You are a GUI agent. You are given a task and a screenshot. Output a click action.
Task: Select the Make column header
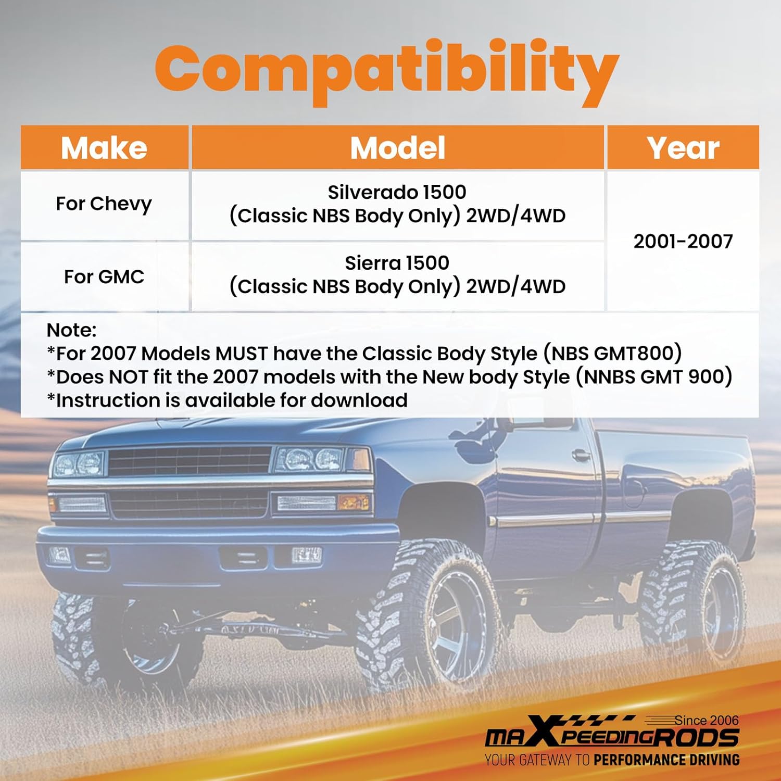pyautogui.click(x=104, y=148)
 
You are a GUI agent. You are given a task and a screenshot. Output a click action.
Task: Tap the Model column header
pyautogui.click(x=398, y=148)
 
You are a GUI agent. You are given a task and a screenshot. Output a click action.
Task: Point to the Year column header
pyautogui.click(x=683, y=148)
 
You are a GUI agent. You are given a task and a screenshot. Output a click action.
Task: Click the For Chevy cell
pyautogui.click(x=104, y=204)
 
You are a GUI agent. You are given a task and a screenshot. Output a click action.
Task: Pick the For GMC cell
pyautogui.click(x=104, y=276)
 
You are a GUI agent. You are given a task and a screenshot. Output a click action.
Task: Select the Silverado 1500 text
pyautogui.click(x=397, y=192)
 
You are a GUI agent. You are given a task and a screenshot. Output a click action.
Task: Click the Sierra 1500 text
pyautogui.click(x=397, y=262)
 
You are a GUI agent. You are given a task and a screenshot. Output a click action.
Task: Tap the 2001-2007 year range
pyautogui.click(x=683, y=241)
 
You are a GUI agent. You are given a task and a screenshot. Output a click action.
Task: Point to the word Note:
pyautogui.click(x=71, y=330)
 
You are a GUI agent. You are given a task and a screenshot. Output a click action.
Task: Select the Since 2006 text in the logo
pyautogui.click(x=707, y=721)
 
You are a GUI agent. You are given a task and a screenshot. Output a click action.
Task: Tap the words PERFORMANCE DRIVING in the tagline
pyautogui.click(x=666, y=760)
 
